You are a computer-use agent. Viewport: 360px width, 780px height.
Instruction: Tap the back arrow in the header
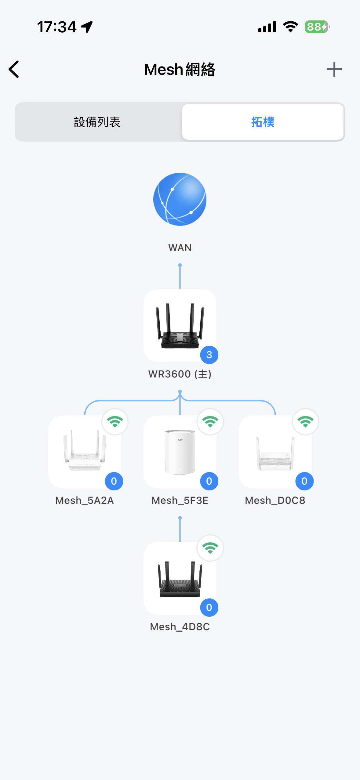point(14,69)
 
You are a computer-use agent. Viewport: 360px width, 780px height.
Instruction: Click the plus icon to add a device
point(334,69)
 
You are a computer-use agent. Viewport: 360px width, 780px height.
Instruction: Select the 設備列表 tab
point(97,122)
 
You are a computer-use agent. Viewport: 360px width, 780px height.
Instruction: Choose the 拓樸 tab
point(263,122)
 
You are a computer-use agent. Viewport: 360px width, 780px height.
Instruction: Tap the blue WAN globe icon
point(180,199)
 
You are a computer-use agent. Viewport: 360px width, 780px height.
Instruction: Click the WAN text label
point(180,247)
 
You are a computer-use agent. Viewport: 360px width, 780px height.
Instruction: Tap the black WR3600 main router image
point(180,326)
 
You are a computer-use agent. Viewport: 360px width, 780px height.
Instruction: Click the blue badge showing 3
point(209,355)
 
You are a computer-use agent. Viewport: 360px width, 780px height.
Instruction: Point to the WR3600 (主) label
point(180,374)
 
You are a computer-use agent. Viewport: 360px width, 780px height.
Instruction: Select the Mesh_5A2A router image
point(85,450)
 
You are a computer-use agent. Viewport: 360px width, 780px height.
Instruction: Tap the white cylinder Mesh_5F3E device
point(180,452)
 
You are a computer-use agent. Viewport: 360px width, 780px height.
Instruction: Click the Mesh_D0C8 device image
point(275,454)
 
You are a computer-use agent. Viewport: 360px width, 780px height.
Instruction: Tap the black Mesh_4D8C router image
point(180,579)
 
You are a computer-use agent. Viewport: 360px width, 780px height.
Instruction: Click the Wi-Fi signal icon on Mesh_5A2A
point(115,422)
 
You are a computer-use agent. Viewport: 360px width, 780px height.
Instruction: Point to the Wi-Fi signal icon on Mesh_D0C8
point(305,422)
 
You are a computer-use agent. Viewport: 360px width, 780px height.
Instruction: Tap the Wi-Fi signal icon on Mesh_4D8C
point(210,548)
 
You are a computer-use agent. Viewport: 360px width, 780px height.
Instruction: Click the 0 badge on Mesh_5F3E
point(209,481)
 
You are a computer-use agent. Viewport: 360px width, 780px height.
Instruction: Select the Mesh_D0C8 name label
point(275,500)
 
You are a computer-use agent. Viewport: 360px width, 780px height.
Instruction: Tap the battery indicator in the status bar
point(317,27)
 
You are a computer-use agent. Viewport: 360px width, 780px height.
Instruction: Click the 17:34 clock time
point(57,27)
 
